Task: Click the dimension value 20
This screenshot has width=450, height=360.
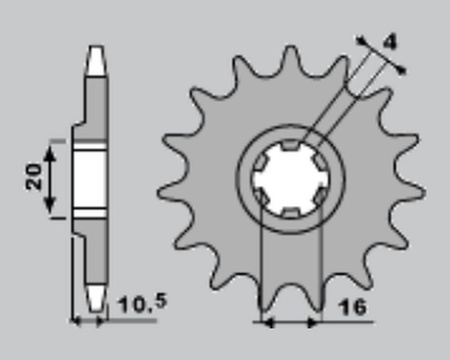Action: [34, 177]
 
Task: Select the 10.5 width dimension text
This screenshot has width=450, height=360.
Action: [142, 304]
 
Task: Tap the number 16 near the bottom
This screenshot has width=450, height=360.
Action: [352, 307]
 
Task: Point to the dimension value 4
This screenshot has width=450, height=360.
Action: [390, 42]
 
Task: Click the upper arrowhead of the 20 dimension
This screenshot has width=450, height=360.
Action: [50, 152]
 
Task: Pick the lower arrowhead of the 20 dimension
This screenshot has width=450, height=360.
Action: [50, 205]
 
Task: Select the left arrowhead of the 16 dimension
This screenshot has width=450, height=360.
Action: [268, 323]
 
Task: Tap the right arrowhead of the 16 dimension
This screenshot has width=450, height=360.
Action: [313, 323]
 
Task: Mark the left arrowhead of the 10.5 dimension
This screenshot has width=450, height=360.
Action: [76, 321]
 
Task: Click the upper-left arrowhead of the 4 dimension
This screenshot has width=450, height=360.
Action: [361, 41]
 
